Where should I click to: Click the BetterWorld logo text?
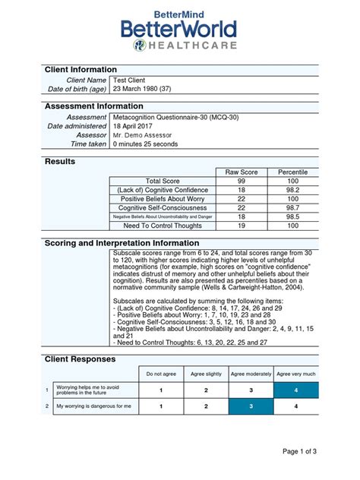coord(179,30)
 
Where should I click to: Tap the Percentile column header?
coord(292,172)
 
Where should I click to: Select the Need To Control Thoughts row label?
coord(163,226)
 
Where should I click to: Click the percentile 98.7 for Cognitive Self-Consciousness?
coord(292,207)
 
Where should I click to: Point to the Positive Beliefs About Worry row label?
coord(163,198)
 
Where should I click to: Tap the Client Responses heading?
coord(81,358)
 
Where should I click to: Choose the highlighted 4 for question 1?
coord(296,390)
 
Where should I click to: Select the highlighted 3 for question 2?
coord(251,406)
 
